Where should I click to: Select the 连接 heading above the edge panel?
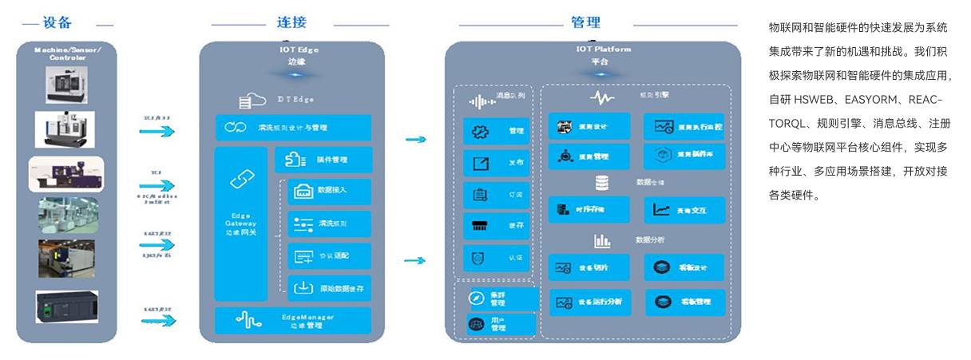(291, 23)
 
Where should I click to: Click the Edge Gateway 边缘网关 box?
(241, 224)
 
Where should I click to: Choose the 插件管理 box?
(323, 160)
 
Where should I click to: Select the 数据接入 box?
(330, 192)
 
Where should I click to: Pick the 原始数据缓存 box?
(330, 288)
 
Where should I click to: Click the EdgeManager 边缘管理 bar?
(293, 321)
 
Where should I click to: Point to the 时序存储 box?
(589, 210)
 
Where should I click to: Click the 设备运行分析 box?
(589, 302)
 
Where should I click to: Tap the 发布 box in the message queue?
(496, 163)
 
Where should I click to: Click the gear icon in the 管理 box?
(480, 132)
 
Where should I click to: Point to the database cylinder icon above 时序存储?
(601, 183)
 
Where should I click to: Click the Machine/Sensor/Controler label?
(67, 53)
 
